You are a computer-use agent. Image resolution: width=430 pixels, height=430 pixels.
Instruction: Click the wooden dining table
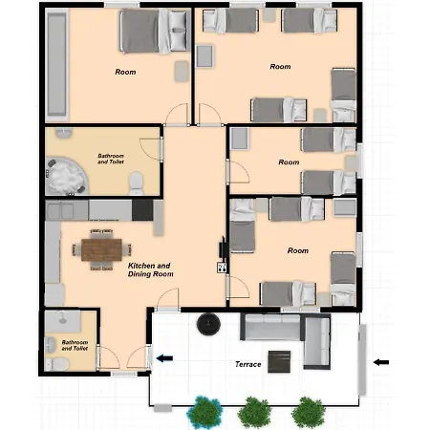[x=101, y=249]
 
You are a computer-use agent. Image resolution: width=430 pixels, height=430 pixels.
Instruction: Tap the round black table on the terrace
[x=208, y=324]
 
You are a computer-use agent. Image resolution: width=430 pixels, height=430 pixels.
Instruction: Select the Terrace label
[x=248, y=364]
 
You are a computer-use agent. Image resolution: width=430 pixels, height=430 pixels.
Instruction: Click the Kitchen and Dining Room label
[x=151, y=269]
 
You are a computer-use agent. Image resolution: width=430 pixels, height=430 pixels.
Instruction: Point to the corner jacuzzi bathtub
[x=65, y=176]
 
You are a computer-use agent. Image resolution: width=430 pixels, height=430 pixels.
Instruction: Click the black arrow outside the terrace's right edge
[x=381, y=362]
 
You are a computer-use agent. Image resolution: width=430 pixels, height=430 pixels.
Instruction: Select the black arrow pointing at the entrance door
[x=164, y=358]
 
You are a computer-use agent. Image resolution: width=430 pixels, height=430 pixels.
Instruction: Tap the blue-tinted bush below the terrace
[x=204, y=412]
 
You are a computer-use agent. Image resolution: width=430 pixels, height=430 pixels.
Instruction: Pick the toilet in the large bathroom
[x=137, y=183]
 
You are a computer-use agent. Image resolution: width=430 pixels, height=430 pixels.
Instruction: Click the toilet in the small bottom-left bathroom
[x=58, y=364]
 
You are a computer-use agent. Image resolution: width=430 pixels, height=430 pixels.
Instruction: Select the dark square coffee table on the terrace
[x=279, y=361]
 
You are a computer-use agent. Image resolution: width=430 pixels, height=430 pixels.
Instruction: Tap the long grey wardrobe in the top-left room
[x=56, y=65]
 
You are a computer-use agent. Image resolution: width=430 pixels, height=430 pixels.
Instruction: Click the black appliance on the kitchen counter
[x=142, y=209]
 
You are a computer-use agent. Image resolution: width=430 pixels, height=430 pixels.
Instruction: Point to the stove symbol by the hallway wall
[x=222, y=268]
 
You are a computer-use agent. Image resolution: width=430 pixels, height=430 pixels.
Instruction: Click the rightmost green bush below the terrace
[x=308, y=413]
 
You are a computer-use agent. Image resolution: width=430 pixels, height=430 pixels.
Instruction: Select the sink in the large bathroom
[x=64, y=132]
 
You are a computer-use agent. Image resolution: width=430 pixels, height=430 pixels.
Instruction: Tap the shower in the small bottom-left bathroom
[x=62, y=322]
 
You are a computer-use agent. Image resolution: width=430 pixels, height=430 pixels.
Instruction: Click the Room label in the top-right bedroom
[x=280, y=67]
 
